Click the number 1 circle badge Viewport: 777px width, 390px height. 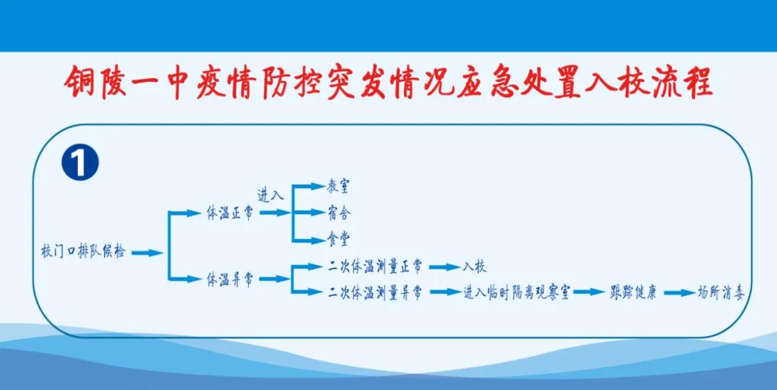(81, 164)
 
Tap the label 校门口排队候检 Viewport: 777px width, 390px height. (83, 252)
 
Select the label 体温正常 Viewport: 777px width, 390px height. (230, 213)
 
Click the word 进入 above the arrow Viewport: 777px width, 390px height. (271, 195)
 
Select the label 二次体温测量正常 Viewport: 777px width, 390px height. (375, 266)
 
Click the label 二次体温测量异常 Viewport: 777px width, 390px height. (375, 292)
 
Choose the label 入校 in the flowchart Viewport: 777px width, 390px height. (475, 266)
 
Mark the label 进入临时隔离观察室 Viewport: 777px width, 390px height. (517, 292)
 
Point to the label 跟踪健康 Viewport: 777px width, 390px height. (633, 292)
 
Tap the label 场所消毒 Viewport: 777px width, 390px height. (721, 292)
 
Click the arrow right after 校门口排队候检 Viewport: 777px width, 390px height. (147, 253)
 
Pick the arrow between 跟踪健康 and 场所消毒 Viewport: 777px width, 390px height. (679, 293)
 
